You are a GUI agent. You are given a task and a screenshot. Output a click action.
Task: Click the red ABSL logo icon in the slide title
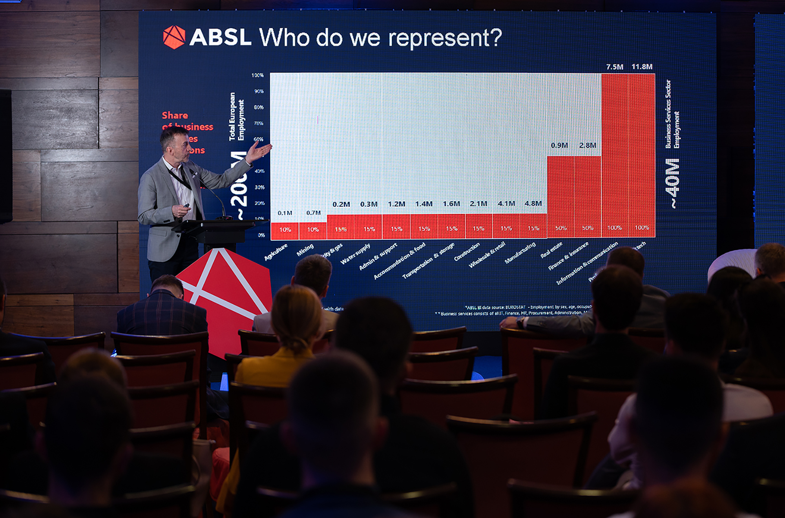(174, 37)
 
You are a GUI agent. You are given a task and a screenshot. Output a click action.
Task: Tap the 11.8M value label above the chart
(642, 67)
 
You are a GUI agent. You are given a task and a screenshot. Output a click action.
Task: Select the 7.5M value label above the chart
(614, 67)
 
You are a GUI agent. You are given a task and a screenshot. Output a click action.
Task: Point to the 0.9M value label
(559, 145)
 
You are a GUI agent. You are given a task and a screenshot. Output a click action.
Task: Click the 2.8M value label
(588, 145)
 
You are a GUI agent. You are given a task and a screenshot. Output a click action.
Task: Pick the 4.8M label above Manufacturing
(533, 203)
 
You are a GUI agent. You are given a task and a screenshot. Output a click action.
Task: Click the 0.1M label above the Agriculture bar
(285, 213)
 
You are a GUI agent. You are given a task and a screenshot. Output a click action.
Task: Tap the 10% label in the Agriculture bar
(285, 230)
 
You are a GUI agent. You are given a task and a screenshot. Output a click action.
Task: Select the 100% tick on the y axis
(257, 75)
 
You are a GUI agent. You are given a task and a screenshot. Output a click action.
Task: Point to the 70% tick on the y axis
(258, 123)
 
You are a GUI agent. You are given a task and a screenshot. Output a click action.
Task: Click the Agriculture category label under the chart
(276, 252)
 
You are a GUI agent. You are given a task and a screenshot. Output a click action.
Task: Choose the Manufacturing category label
(520, 253)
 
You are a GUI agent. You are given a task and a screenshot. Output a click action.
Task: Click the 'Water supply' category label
(355, 254)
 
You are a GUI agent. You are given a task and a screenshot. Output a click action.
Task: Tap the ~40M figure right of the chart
(673, 183)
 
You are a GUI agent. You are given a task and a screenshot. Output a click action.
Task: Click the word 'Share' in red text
(175, 115)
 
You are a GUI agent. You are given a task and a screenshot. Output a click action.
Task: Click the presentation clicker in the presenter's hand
(186, 206)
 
